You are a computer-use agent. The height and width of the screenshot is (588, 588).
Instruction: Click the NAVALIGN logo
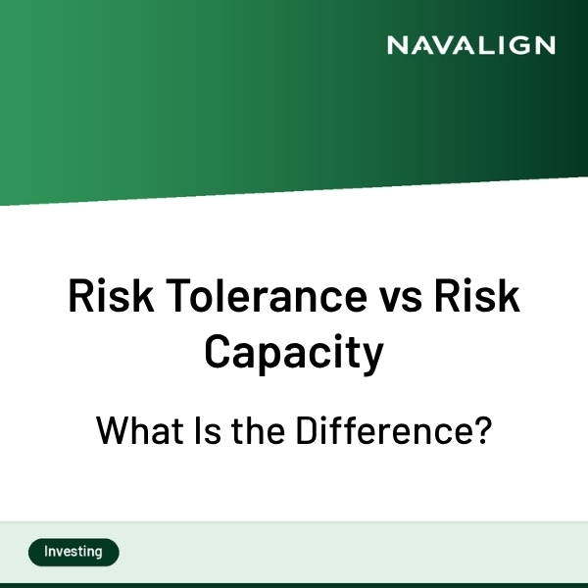(x=470, y=45)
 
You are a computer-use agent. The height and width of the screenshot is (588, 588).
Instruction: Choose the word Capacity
(x=294, y=353)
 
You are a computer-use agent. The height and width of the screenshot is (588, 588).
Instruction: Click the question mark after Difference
(x=480, y=431)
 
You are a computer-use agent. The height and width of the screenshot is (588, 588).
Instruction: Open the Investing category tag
(x=73, y=552)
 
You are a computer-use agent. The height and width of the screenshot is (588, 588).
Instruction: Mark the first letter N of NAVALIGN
(x=396, y=45)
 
